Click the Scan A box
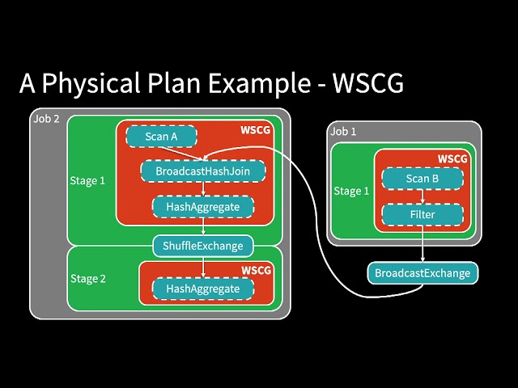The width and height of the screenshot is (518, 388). (x=162, y=137)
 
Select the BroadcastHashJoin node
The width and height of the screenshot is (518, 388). (x=203, y=171)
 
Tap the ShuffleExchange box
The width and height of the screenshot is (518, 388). (x=203, y=244)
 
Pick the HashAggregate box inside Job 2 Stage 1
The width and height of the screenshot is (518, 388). (x=203, y=207)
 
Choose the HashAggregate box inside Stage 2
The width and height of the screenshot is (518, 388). (x=203, y=288)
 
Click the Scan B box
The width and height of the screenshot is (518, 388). (x=422, y=179)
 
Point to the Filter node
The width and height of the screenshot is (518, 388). (x=422, y=215)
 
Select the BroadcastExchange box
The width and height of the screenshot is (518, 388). (x=422, y=273)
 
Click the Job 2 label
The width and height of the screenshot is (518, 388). (x=46, y=119)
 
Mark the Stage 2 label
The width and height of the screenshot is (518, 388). (x=87, y=279)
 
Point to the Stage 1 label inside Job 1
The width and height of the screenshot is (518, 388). (x=352, y=192)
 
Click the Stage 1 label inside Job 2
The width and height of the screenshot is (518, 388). (x=87, y=180)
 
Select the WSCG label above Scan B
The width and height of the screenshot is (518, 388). (x=452, y=158)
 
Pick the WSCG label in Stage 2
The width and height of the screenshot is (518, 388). (x=256, y=269)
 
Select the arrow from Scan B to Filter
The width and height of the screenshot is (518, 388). (x=422, y=196)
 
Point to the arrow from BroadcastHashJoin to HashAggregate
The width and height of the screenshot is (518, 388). (x=203, y=189)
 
